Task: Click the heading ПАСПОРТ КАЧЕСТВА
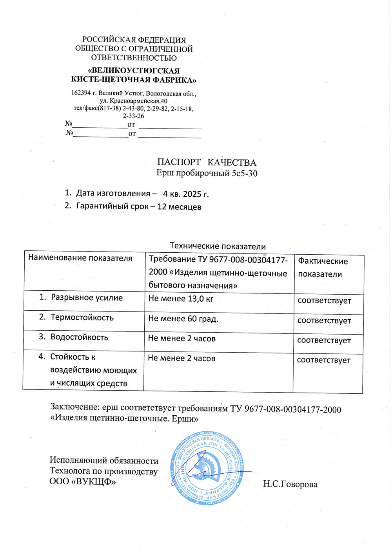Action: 207,162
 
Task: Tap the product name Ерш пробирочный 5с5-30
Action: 207,173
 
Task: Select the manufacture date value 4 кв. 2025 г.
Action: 186,194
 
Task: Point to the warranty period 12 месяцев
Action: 179,207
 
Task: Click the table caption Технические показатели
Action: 218,246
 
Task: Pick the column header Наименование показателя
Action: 80,258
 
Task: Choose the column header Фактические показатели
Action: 323,268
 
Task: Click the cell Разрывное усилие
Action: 87,298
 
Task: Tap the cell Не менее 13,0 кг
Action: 181,299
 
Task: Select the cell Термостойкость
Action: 82,317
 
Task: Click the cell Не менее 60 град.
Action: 183,319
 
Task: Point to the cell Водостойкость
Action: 79,337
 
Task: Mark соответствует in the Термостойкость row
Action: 324,320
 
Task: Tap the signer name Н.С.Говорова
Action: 290,484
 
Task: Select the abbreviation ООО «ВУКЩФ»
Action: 83,481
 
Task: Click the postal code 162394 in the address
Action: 81,93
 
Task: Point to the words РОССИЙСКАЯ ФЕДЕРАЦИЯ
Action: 134,40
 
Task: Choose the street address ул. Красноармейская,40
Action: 133,101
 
